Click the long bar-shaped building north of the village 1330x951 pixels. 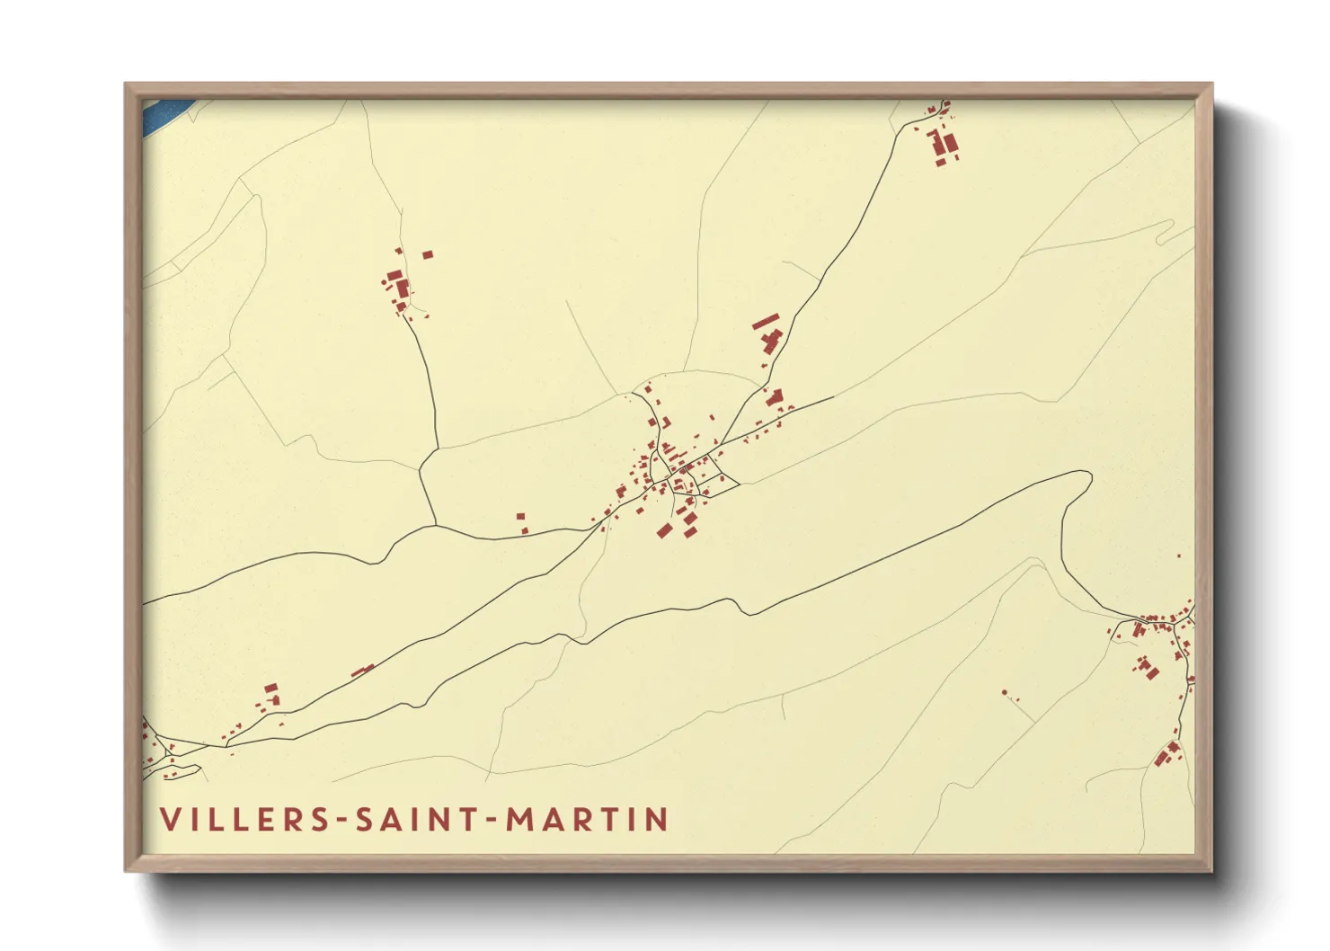[x=766, y=321]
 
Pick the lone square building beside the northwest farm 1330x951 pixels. [x=427, y=255]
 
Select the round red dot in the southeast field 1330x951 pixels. [x=1005, y=692]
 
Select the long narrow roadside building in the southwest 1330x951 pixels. [x=362, y=671]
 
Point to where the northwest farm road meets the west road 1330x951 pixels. [x=436, y=524]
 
